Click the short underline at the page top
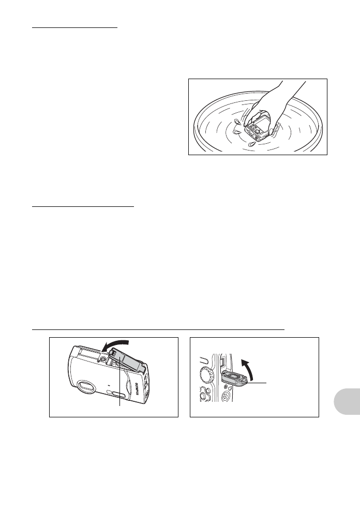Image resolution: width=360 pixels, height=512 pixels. coord(75,28)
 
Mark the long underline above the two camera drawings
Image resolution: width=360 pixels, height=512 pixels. coord(158,328)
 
